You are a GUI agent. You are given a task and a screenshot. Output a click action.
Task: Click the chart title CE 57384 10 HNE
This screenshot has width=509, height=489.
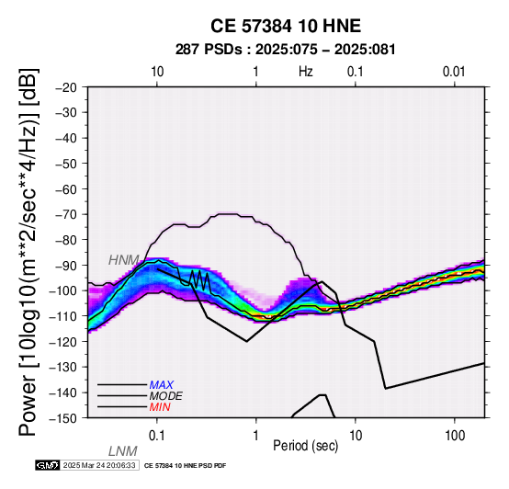pyautogui.click(x=286, y=26)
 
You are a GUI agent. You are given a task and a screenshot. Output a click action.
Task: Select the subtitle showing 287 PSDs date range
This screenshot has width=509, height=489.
pyautogui.click(x=286, y=50)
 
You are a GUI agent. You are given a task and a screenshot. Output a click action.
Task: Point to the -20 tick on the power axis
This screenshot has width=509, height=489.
pyautogui.click(x=66, y=87)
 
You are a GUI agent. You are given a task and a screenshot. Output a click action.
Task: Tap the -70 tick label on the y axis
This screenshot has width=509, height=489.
pyautogui.click(x=66, y=215)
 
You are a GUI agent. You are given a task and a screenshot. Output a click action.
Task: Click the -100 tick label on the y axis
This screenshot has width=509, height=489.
pyautogui.click(x=63, y=290)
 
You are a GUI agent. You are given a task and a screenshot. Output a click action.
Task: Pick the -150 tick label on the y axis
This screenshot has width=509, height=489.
pyautogui.click(x=63, y=418)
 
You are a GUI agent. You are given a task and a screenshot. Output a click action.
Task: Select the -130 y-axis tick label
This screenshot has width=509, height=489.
pyautogui.click(x=63, y=368)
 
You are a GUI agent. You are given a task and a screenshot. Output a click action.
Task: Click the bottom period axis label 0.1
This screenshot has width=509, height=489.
pyautogui.click(x=157, y=436)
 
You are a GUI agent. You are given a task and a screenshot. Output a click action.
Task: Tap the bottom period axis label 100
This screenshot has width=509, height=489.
pyautogui.click(x=455, y=436)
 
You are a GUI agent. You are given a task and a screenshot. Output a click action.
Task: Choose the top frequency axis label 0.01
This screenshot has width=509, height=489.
pyautogui.click(x=454, y=72)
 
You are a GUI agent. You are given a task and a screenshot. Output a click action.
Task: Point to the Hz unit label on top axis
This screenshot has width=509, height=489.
pyautogui.click(x=306, y=72)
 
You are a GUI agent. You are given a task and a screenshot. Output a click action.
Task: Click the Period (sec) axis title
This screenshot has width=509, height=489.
pyautogui.click(x=306, y=446)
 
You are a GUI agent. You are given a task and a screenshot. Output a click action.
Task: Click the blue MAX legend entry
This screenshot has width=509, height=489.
pyautogui.click(x=162, y=385)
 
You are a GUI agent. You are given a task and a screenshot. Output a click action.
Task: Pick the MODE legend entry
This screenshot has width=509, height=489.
pyautogui.click(x=166, y=396)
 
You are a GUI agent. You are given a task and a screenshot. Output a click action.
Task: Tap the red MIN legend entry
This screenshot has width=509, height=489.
pyautogui.click(x=160, y=407)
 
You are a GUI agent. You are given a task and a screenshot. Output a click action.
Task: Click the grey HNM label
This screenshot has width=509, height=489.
pyautogui.click(x=124, y=260)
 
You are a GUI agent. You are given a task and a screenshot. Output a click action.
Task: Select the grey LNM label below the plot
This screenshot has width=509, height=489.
pyautogui.click(x=123, y=451)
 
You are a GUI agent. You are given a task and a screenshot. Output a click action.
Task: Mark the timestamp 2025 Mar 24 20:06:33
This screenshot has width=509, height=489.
pyautogui.click(x=99, y=466)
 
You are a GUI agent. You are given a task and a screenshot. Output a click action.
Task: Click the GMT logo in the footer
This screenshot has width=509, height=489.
pyautogui.click(x=48, y=466)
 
